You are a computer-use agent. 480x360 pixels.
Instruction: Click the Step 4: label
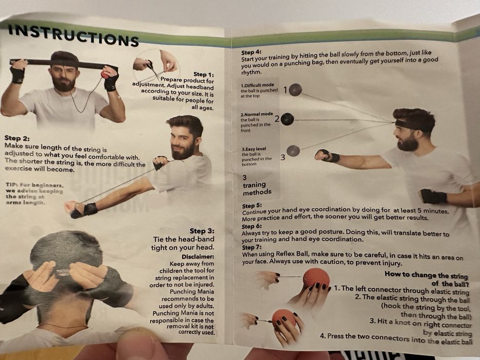point(252,52)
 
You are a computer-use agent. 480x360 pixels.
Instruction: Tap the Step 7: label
point(252,247)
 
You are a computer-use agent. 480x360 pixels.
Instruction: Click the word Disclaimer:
point(198,256)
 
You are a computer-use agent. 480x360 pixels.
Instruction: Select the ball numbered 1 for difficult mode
point(295,89)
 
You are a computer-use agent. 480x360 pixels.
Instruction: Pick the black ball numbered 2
point(287,119)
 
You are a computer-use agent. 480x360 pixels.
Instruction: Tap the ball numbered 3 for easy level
point(293,151)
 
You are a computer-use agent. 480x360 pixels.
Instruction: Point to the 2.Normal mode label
point(257,114)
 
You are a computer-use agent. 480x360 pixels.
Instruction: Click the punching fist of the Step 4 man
point(323,155)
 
